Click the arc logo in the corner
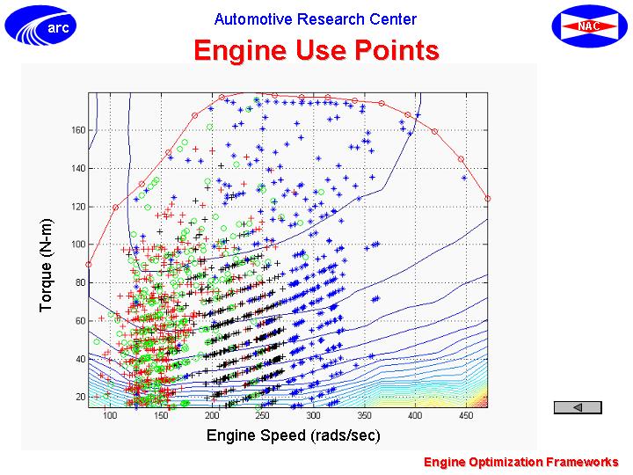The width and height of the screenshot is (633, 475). tap(40, 26)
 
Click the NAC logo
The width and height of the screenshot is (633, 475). tap(589, 26)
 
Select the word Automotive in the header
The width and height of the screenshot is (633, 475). tap(252, 19)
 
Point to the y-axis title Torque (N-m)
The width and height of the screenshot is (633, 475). tap(46, 266)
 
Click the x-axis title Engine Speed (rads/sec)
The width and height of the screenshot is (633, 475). tap(294, 435)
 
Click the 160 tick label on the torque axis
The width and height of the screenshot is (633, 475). tap(78, 130)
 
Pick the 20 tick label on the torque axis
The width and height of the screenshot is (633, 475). tap(80, 397)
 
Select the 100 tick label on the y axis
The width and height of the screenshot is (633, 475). tap(78, 245)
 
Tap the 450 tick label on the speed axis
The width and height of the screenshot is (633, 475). tap(466, 415)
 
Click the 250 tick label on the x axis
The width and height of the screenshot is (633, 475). tap(262, 415)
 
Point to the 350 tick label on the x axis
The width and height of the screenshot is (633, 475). tap(364, 415)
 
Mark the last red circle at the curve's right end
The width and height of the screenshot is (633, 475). tap(488, 199)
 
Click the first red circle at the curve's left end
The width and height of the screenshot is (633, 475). tap(89, 265)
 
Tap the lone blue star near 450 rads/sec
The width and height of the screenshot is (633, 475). tap(464, 178)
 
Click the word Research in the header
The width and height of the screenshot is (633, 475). tap(331, 19)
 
